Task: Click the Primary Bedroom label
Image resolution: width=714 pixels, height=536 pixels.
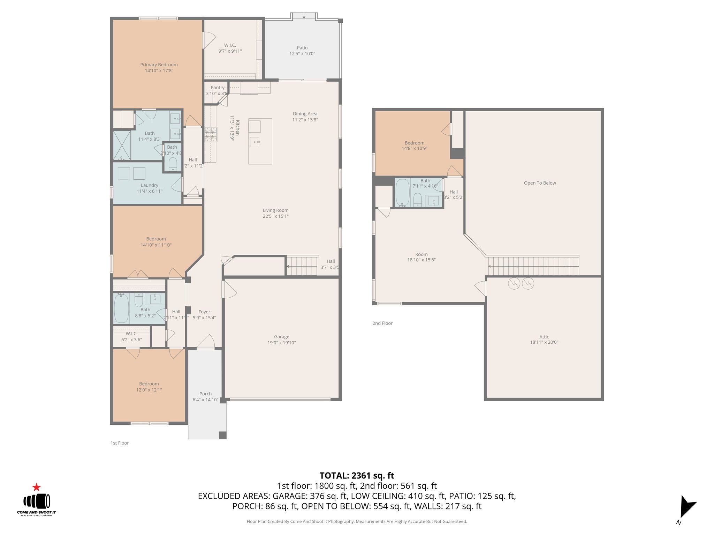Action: [159, 65]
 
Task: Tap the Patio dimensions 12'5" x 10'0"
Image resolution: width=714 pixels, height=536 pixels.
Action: [302, 54]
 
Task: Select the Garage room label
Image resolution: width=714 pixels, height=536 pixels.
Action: [281, 337]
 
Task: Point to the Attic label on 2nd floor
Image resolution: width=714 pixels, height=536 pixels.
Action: [544, 337]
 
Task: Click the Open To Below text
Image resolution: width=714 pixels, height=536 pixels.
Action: [540, 183]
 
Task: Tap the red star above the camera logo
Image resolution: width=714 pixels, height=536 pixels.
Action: [37, 487]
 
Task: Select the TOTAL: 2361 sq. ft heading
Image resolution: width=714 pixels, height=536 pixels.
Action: [357, 476]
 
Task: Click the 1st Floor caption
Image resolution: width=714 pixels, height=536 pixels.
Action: [120, 443]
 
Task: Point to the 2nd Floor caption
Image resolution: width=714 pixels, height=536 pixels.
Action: [382, 323]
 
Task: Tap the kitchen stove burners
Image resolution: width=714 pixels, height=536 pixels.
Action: [211, 134]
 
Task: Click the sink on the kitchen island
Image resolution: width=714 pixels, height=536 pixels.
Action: [255, 142]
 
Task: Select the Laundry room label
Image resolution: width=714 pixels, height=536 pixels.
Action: [150, 185]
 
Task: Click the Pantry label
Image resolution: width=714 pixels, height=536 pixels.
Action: [218, 88]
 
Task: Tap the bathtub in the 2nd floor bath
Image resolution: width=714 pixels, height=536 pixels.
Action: [402, 193]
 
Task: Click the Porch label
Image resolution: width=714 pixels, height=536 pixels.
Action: [205, 394]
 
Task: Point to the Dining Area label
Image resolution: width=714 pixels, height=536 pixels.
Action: [305, 113]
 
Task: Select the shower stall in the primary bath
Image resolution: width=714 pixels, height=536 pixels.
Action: [122, 145]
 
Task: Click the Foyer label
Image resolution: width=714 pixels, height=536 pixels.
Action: [204, 312]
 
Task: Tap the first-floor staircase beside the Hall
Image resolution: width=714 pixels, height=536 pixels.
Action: [302, 266]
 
